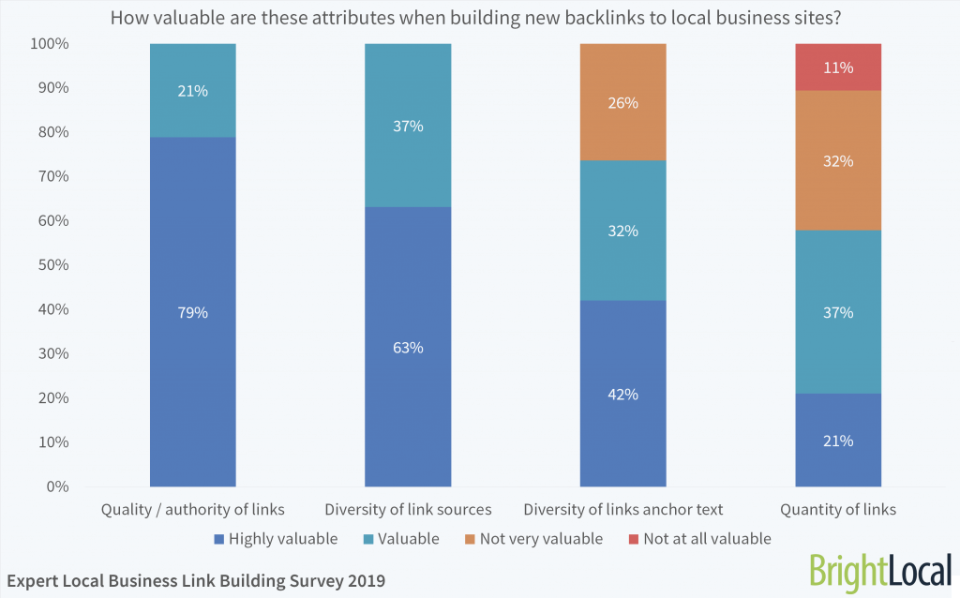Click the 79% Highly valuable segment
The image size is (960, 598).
click(x=192, y=312)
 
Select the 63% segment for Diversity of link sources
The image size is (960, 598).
click(x=408, y=347)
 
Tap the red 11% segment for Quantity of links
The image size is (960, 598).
click(x=838, y=67)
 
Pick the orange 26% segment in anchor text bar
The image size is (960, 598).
click(x=622, y=102)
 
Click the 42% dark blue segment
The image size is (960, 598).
click(x=622, y=394)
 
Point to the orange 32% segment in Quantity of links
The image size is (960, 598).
click(x=838, y=160)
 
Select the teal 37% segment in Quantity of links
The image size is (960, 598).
click(x=838, y=312)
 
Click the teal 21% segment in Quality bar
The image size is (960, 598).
click(x=192, y=91)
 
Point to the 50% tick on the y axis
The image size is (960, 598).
click(x=53, y=265)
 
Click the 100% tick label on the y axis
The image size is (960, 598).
click(x=50, y=44)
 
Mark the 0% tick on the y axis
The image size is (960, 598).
click(x=57, y=486)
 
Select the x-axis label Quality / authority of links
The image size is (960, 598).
click(x=192, y=510)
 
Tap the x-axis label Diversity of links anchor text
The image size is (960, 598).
click(x=622, y=510)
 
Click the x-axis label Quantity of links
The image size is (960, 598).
click(x=838, y=510)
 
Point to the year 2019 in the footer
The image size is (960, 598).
click(x=364, y=581)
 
